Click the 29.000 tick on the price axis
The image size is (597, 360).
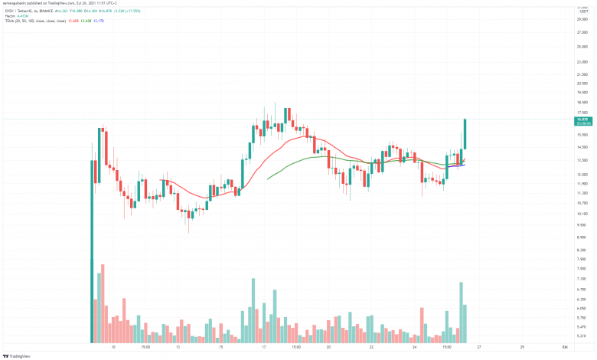pos(582,18)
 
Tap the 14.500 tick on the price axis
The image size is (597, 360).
pos(582,147)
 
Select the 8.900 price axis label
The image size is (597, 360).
pos(582,238)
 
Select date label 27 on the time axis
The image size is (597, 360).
pos(478,346)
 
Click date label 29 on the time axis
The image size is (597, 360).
pos(521,346)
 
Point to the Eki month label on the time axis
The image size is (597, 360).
pos(563,346)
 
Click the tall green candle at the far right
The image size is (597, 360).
pos(465,135)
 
